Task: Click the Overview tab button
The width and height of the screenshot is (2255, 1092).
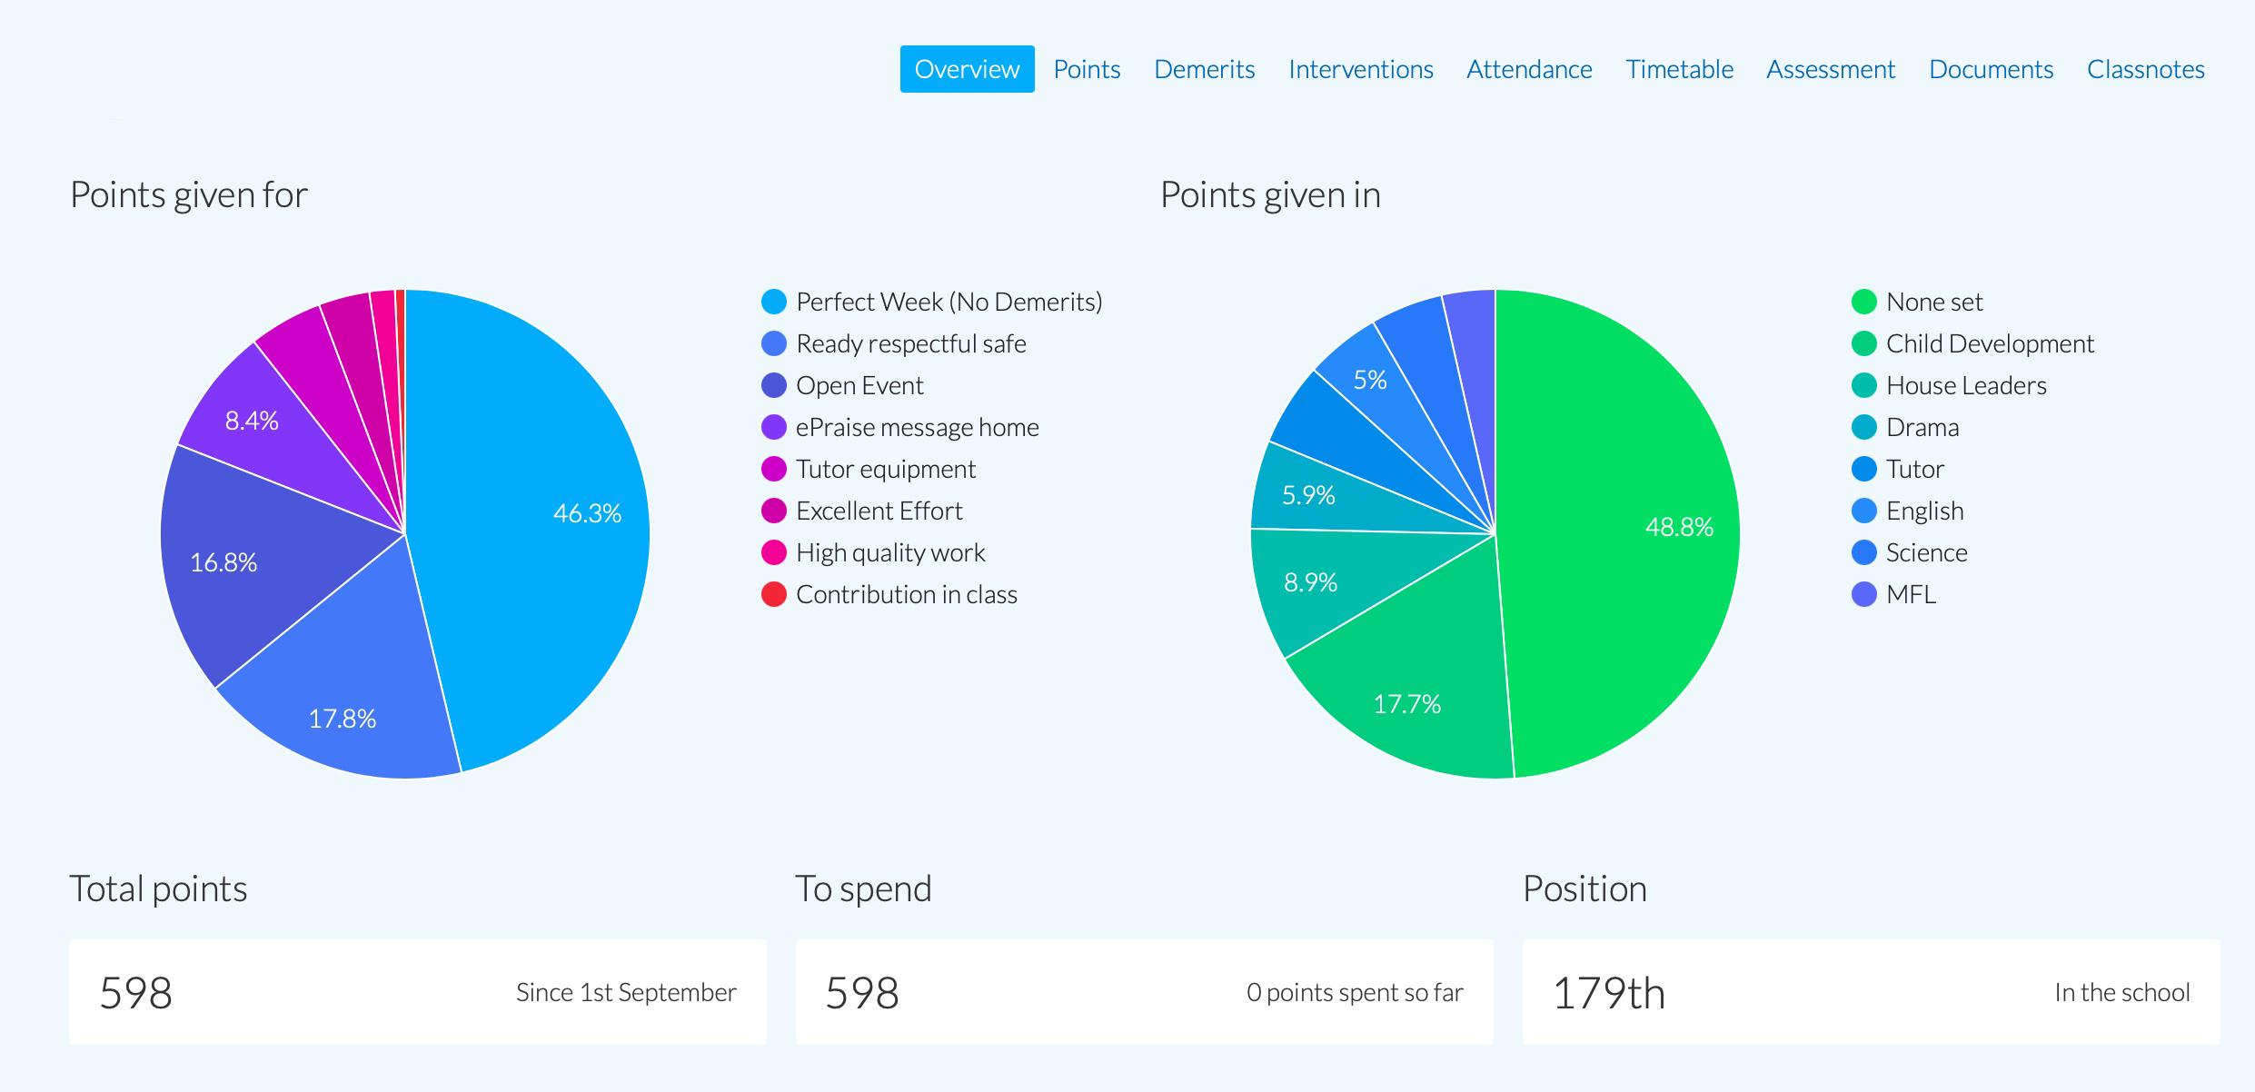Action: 967,69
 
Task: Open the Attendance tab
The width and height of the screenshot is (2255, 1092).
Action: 1529,69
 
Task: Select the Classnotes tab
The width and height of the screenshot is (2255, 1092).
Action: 2145,69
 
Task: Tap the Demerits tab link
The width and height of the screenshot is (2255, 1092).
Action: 1204,69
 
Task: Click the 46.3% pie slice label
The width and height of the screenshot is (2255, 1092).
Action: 587,513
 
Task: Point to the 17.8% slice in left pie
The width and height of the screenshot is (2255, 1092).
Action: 343,719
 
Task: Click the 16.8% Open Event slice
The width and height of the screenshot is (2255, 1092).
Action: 224,562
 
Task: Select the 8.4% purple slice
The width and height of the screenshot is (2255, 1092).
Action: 252,421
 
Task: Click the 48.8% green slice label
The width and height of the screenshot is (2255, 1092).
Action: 1679,527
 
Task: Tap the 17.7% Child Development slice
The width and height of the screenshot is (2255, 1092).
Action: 1406,704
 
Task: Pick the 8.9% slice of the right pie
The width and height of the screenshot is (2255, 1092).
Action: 1310,582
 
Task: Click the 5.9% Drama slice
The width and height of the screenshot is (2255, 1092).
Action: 1308,495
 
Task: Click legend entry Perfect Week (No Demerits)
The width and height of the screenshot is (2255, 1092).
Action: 948,302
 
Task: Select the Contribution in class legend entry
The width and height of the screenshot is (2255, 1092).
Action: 906,594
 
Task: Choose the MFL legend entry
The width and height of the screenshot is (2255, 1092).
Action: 1910,594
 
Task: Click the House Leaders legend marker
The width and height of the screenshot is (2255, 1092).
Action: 1863,385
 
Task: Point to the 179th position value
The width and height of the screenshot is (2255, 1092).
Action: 1609,992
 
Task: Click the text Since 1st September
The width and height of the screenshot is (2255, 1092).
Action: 626,992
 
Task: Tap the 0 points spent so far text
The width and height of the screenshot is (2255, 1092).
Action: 1354,992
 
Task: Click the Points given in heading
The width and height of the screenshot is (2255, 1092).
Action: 1270,194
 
